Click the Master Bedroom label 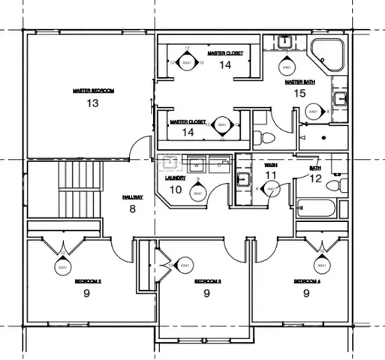pyautogui.click(x=93, y=91)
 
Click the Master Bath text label pyautogui.click(x=299, y=82)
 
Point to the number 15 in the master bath pyautogui.click(x=299, y=94)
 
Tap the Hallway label pyautogui.click(x=133, y=197)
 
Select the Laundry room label pyautogui.click(x=174, y=178)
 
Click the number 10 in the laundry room pyautogui.click(x=175, y=190)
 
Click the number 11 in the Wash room pyautogui.click(x=271, y=175)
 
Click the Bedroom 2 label pyautogui.click(x=88, y=282)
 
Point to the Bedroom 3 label pyautogui.click(x=206, y=282)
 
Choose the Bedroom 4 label pyautogui.click(x=306, y=282)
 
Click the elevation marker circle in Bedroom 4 pyautogui.click(x=321, y=265)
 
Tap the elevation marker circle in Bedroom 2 pyautogui.click(x=62, y=266)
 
